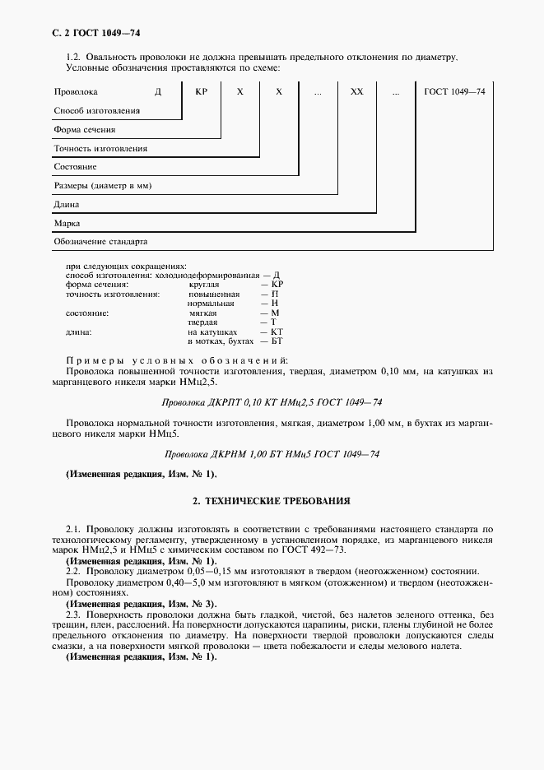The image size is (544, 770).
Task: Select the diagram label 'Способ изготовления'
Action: pos(96,110)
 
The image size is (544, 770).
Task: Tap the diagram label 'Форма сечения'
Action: pos(84,129)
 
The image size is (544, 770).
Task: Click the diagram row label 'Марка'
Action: pos(67,224)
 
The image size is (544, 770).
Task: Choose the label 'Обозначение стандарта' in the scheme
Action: pos(100,243)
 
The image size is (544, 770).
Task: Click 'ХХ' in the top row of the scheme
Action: pos(356,91)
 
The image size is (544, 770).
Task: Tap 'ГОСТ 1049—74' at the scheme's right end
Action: pos(454,91)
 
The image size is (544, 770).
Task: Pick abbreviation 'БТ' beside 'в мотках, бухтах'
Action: pos(277,341)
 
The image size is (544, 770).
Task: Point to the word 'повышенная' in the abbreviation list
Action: pos(214,294)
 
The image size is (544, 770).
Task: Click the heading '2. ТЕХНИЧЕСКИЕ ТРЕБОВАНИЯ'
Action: pos(272,500)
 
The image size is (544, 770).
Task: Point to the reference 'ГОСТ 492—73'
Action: pos(323,550)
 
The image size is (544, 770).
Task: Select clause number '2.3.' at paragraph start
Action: pos(72,614)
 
